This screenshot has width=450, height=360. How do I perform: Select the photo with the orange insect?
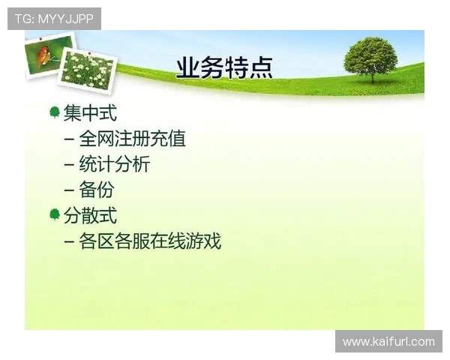[x=46, y=54]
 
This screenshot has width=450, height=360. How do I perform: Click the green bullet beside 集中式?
[x=54, y=112]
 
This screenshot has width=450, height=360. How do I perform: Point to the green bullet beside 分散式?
[x=54, y=215]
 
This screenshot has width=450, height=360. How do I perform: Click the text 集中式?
[x=90, y=113]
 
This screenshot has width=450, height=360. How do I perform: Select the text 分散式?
[x=90, y=216]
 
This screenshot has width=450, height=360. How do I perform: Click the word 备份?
[x=97, y=190]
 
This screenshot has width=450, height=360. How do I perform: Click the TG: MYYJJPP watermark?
[x=54, y=19]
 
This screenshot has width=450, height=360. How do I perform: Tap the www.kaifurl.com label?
[x=388, y=342]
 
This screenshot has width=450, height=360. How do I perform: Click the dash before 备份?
[x=69, y=190]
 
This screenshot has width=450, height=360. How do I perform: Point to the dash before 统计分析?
[x=69, y=165]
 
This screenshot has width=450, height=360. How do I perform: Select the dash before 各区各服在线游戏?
[x=69, y=242]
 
